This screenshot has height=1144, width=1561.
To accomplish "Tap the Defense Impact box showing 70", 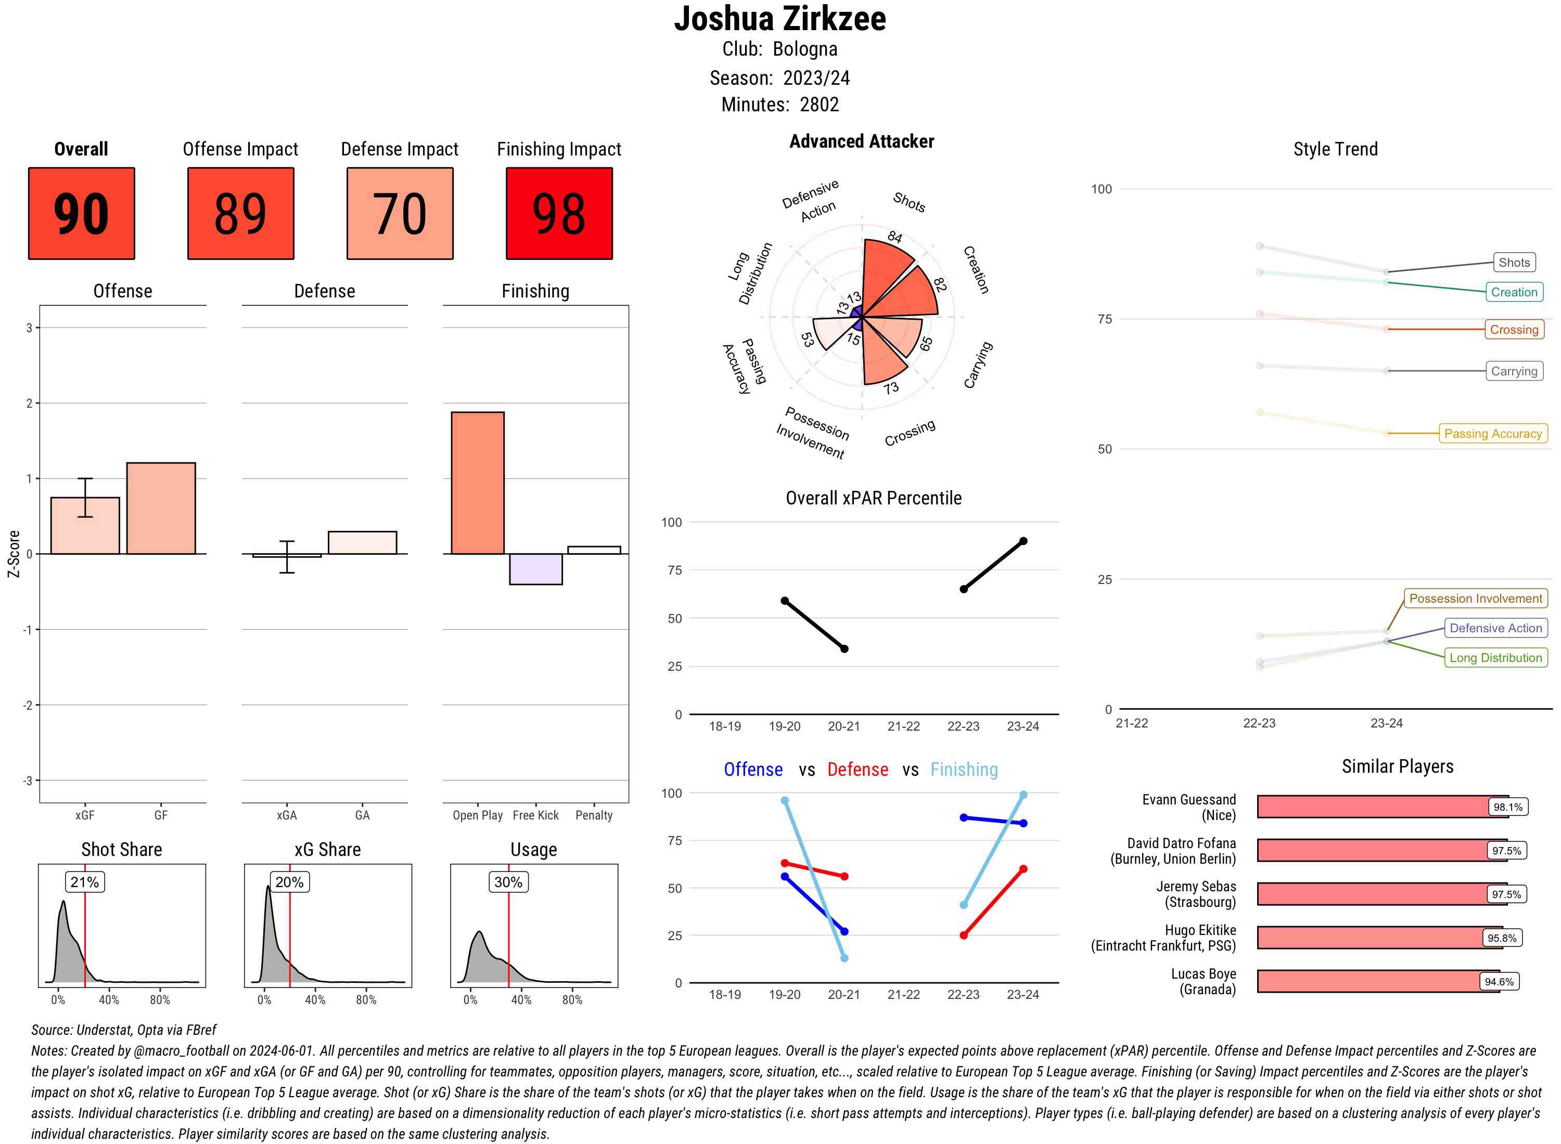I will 400,213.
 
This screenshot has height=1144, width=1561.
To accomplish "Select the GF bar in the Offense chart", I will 161,508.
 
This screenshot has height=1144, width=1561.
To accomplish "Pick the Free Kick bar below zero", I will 535,568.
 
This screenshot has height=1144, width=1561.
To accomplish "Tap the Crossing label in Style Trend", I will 1514,330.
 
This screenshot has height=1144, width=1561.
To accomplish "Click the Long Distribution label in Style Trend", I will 1495,658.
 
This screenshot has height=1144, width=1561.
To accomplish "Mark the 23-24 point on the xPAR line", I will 1022,541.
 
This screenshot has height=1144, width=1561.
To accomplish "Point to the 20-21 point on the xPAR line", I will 844,649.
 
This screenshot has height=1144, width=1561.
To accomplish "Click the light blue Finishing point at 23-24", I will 1022,795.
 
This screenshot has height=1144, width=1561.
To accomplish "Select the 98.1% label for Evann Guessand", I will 1507,807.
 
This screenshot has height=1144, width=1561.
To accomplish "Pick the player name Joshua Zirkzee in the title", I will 779,19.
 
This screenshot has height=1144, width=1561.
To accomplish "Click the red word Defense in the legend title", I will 857,770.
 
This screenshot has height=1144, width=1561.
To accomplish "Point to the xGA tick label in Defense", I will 287,815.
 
